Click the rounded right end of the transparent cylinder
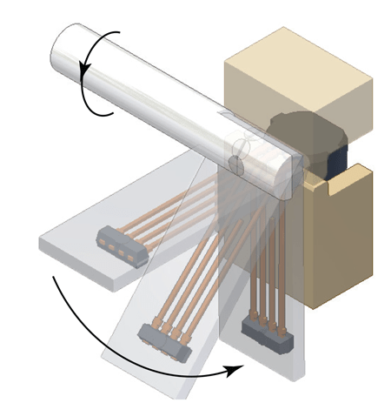291,170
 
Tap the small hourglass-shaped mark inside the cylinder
239,152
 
